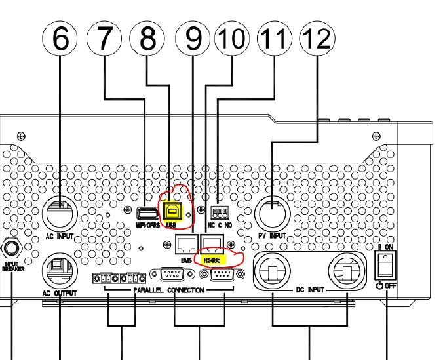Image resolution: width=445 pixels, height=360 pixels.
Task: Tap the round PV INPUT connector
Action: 272,214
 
